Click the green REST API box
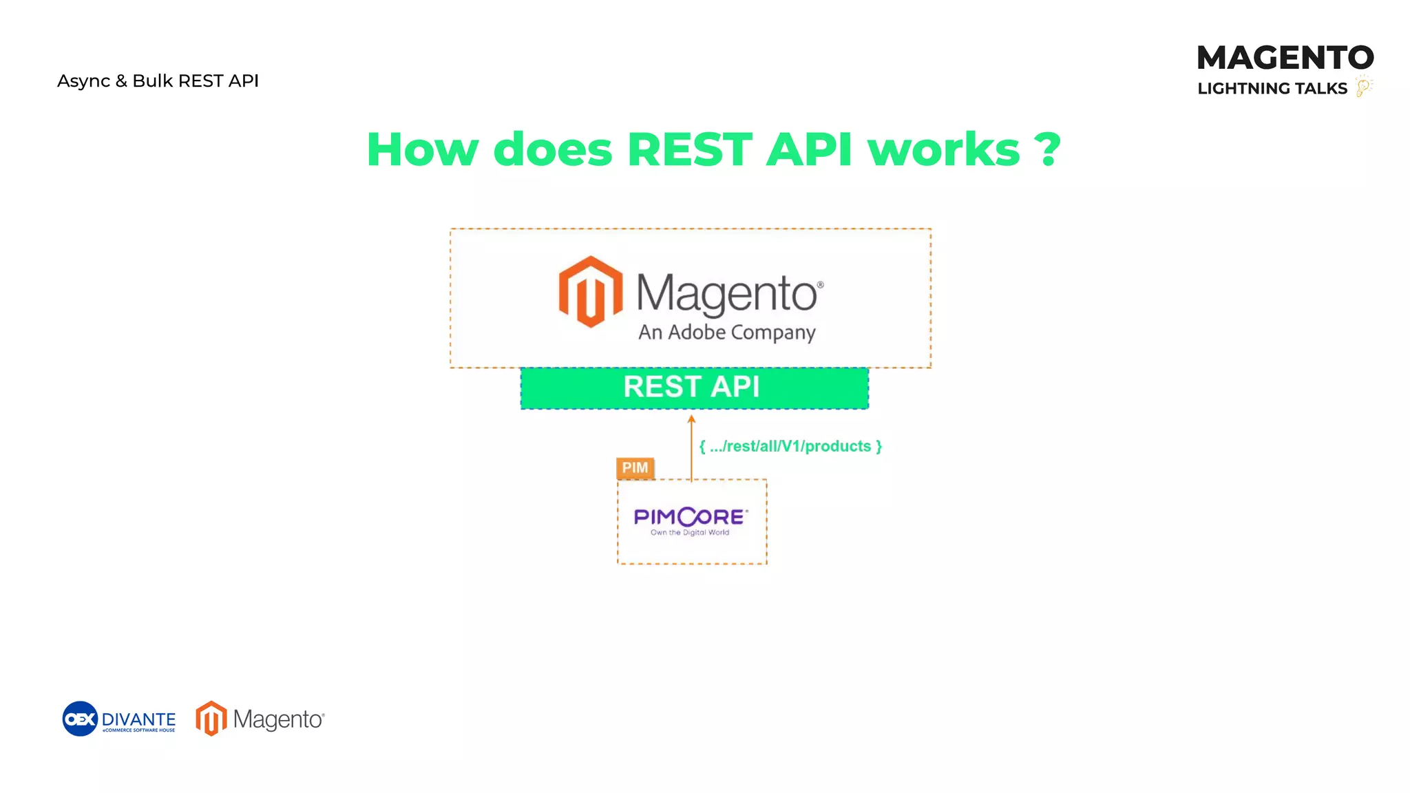click(x=694, y=388)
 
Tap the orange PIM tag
click(x=635, y=468)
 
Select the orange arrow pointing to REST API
click(x=691, y=447)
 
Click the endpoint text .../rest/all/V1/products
click(x=790, y=446)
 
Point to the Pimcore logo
click(x=691, y=517)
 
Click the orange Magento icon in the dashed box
click(x=590, y=291)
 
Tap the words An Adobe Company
click(x=726, y=332)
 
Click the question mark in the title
click(x=1047, y=149)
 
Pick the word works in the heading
click(x=943, y=149)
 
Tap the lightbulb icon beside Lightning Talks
click(x=1363, y=87)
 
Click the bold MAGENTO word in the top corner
click(x=1285, y=58)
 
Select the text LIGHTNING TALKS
click(x=1272, y=89)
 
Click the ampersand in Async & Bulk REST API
click(x=121, y=81)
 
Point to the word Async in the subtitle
click(x=83, y=81)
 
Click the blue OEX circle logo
click(x=80, y=719)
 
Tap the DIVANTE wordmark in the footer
click(x=138, y=719)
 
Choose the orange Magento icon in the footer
click(x=211, y=719)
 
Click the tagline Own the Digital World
click(x=690, y=533)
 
